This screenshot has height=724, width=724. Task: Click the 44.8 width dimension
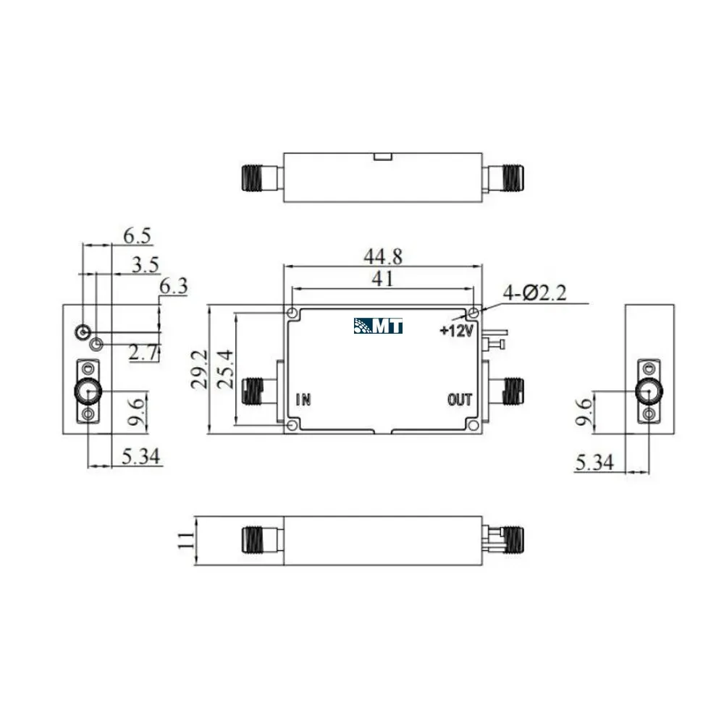pyautogui.click(x=383, y=256)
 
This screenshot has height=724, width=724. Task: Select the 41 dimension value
pyautogui.click(x=383, y=279)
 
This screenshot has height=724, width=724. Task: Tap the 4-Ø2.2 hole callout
pyautogui.click(x=534, y=292)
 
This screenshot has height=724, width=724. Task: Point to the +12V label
pyautogui.click(x=457, y=330)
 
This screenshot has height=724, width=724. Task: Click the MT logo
pyautogui.click(x=378, y=326)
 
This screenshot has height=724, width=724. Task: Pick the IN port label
pyautogui.click(x=303, y=400)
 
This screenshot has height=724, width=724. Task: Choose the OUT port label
pyautogui.click(x=460, y=400)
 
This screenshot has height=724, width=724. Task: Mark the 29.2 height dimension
pyautogui.click(x=200, y=369)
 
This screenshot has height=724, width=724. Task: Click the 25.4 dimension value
pyautogui.click(x=225, y=369)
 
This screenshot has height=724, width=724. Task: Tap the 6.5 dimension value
pyautogui.click(x=137, y=236)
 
